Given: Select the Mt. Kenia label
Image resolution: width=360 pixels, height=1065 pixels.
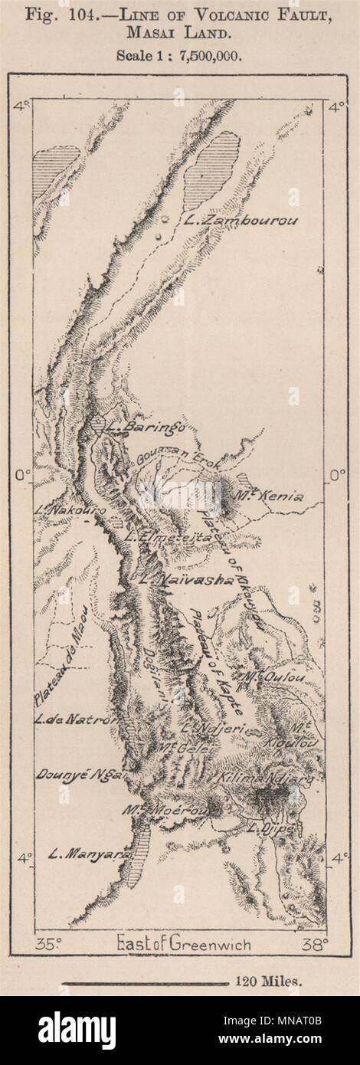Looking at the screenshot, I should click(273, 496).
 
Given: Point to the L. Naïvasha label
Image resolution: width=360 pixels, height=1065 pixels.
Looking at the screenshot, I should click(185, 581).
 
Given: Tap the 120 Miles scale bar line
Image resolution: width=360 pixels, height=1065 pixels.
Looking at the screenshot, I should click(145, 982).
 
